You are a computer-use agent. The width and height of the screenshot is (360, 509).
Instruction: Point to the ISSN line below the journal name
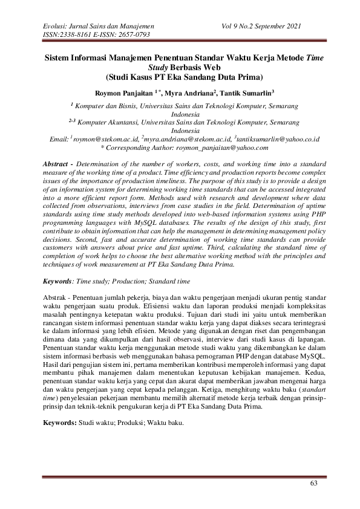[96, 35]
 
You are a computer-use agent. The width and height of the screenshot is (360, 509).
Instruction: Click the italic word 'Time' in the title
[310, 59]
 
